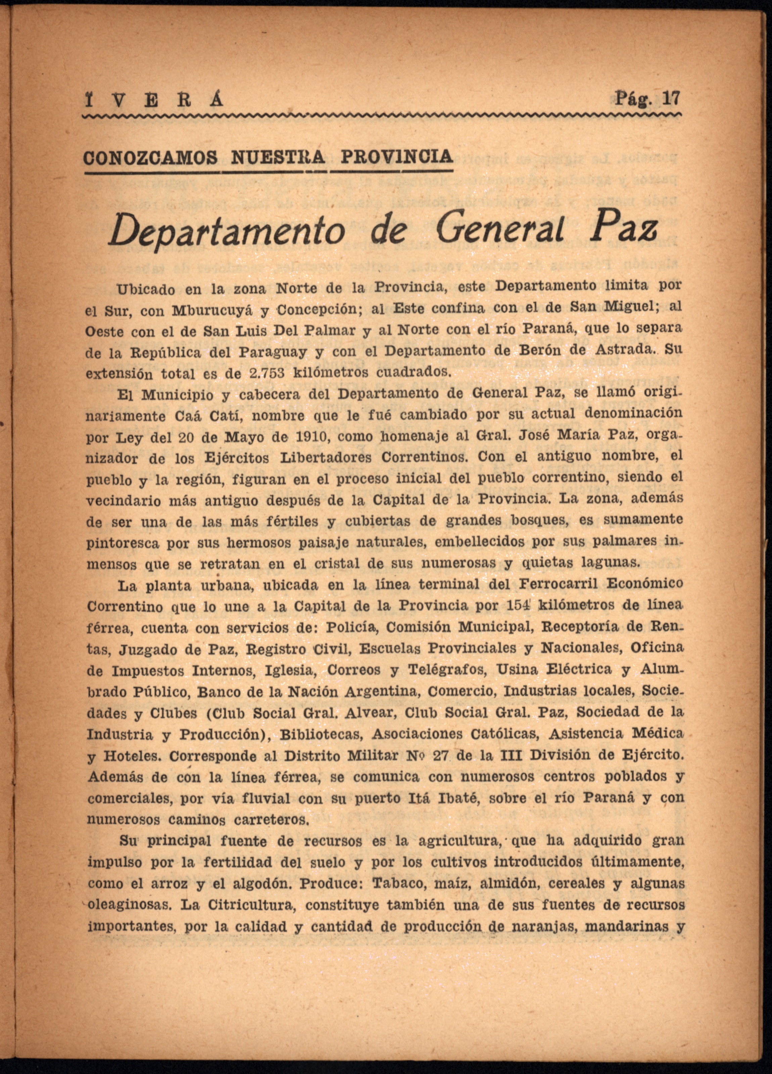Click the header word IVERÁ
tap(152, 100)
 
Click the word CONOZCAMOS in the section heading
tap(151, 157)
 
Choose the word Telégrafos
tap(442, 670)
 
